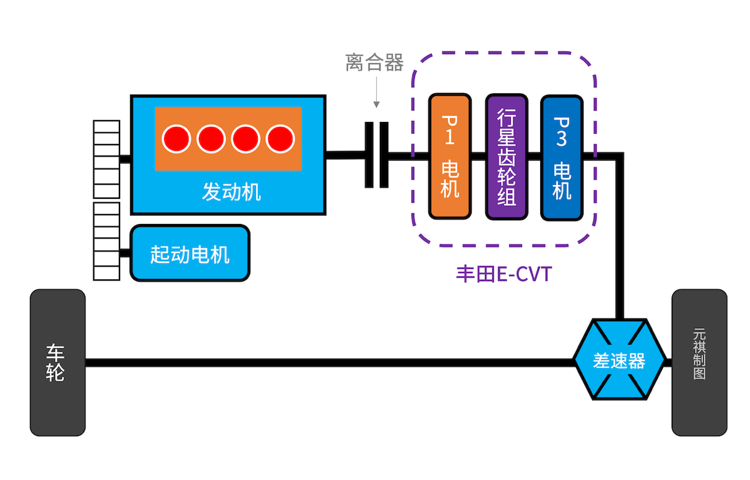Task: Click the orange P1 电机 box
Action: click(x=449, y=156)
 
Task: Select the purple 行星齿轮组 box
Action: click(x=506, y=156)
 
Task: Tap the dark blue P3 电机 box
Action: click(x=562, y=156)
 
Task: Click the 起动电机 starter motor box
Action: click(x=190, y=253)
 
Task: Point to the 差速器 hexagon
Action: click(x=619, y=360)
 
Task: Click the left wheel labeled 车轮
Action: click(x=57, y=362)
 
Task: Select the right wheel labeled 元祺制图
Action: click(x=699, y=362)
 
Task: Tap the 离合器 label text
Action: click(x=374, y=62)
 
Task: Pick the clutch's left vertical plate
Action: click(x=368, y=155)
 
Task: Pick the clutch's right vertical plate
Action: click(x=384, y=155)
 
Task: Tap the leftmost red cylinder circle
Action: click(x=176, y=138)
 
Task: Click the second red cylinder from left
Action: click(x=211, y=138)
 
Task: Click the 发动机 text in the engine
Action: click(x=231, y=192)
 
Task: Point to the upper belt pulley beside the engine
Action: click(x=106, y=159)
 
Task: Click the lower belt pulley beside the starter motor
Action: click(x=106, y=241)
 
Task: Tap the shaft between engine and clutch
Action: click(x=345, y=155)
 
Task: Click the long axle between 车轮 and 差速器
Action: click(x=329, y=362)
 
